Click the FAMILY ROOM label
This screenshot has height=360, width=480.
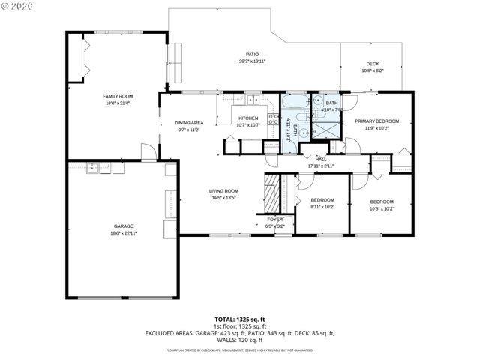[x=118, y=97]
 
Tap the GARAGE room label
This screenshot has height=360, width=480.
[x=124, y=226]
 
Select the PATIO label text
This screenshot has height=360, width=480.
[x=253, y=54]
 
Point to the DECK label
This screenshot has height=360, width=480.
[x=372, y=64]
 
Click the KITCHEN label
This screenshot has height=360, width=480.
[x=248, y=118]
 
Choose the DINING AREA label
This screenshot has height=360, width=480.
[x=189, y=122]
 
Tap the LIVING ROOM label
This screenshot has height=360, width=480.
[x=223, y=191]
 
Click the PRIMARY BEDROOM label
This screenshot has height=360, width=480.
[x=376, y=121]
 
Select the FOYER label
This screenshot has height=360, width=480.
[x=275, y=219]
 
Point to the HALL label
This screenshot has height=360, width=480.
[x=320, y=159]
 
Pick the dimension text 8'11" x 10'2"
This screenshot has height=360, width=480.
[x=322, y=208]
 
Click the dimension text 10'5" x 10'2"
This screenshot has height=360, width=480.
[x=382, y=208]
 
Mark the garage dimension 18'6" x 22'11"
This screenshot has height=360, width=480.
[x=124, y=233]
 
